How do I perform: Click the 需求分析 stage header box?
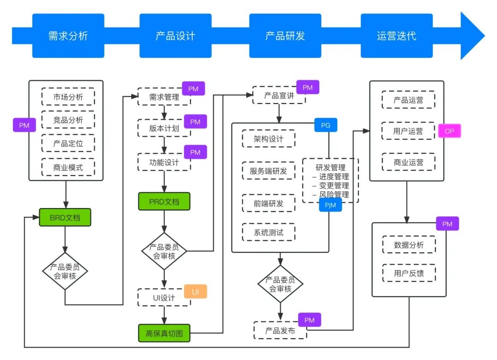pos(68,35)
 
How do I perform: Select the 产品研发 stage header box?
pos(285,35)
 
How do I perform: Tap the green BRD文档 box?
pos(65,217)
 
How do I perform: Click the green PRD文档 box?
pos(164,201)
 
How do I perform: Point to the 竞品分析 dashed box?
pos(68,120)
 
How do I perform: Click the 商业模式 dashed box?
pos(68,167)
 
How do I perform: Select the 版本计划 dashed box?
pos(164,128)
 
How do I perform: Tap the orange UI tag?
pos(196,292)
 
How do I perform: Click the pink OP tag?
pos(449,131)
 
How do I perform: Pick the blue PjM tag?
pos(330,205)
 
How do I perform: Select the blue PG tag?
pos(325,125)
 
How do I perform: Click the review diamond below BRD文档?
pos(65,271)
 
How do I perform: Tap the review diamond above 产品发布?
pos(280,284)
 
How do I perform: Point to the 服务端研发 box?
pos(268,171)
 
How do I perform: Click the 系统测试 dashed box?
pos(268,232)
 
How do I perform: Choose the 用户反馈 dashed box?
pos(409,273)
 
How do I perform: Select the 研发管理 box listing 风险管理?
pos(330,180)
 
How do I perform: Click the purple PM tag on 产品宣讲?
pos(307,87)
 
